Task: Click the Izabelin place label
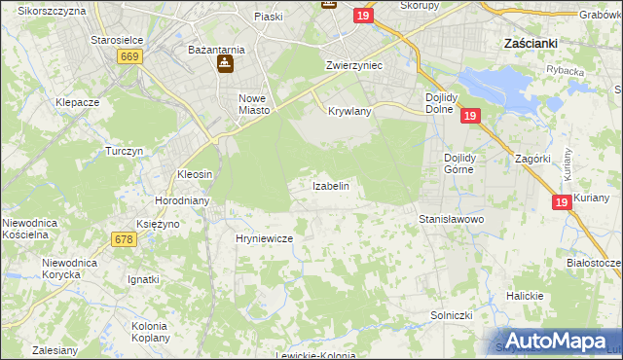coord(330,185)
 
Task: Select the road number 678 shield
coord(124,239)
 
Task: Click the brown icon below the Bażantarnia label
coord(223,65)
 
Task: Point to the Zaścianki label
coord(530,44)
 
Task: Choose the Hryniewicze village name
coord(265,237)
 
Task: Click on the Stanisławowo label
coord(451,220)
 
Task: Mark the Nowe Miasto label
coord(253,104)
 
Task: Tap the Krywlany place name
coord(349,111)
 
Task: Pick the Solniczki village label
coord(452,315)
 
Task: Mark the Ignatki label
coord(143,279)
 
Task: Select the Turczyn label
coord(125,152)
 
